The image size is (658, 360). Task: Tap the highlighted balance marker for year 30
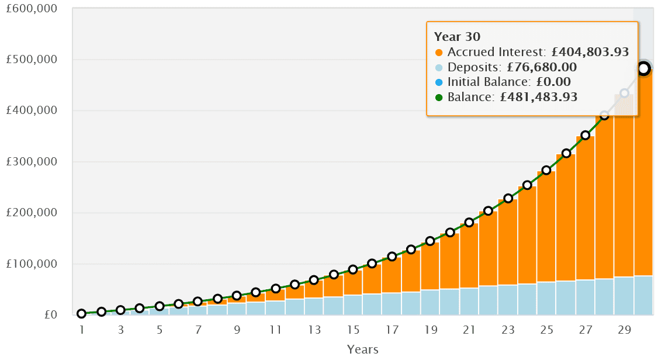[643, 68]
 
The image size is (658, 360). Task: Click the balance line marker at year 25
[546, 170]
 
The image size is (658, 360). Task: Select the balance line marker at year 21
[469, 222]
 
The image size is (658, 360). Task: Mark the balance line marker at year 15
[353, 269]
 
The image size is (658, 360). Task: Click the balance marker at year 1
[82, 314]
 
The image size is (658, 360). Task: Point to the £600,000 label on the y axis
[31, 9]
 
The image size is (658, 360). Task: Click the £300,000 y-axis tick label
[31, 162]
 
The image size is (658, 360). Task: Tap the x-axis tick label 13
[314, 330]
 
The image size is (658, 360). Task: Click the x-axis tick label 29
[624, 330]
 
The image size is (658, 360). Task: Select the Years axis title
[362, 349]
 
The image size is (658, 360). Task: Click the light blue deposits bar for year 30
[643, 295]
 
